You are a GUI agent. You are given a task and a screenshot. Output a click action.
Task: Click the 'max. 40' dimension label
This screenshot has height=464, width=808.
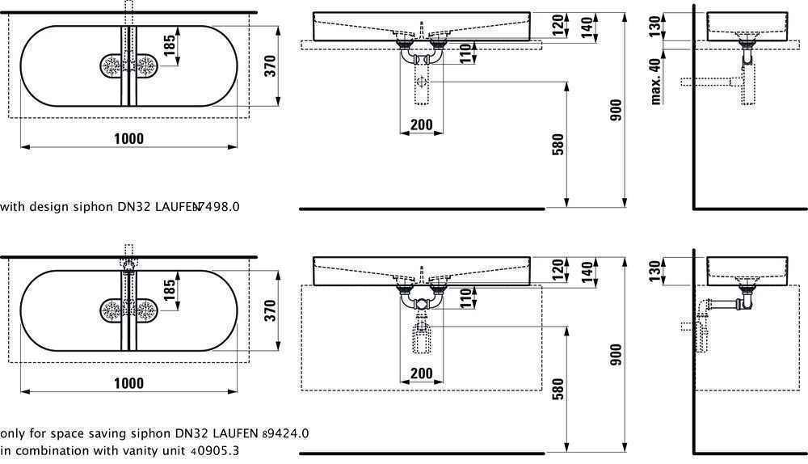coord(656,79)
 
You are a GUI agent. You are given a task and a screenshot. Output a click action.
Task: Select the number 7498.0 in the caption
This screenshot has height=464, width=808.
coord(219,207)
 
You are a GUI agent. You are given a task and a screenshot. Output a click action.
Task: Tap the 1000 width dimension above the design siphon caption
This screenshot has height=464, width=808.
coord(128,138)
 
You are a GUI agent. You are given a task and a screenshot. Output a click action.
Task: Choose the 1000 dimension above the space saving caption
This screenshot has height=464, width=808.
coord(128,383)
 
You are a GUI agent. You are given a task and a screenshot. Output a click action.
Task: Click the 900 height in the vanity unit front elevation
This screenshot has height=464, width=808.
coord(616,356)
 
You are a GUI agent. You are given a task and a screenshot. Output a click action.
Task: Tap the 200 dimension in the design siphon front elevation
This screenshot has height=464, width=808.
coord(421,124)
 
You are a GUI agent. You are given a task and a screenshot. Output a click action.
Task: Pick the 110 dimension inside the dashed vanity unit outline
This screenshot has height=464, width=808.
coord(466,299)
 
